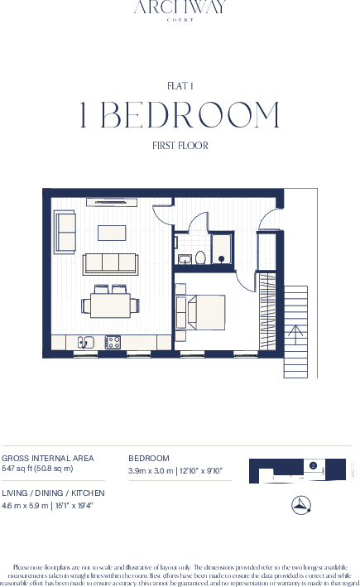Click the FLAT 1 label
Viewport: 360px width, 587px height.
[x=180, y=85]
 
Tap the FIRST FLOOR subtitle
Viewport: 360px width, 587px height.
[x=180, y=146]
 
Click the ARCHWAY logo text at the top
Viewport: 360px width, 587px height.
[x=180, y=8]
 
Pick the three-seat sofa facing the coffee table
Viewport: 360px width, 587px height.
[x=110, y=263]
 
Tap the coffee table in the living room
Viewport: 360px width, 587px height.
[x=112, y=232]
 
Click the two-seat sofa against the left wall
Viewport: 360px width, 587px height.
[x=65, y=232]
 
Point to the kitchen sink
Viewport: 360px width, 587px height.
[x=86, y=341]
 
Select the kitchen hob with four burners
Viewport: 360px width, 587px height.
[x=113, y=341]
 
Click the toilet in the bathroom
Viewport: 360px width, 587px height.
[x=199, y=258]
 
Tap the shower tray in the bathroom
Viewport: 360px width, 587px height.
[x=222, y=249]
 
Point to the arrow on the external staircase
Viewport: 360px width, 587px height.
[x=295, y=333]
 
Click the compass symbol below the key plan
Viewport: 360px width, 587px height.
[x=301, y=505]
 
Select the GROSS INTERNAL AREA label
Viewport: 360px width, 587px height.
[x=47, y=458]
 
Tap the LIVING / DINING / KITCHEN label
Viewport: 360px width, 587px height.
[x=53, y=493]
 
